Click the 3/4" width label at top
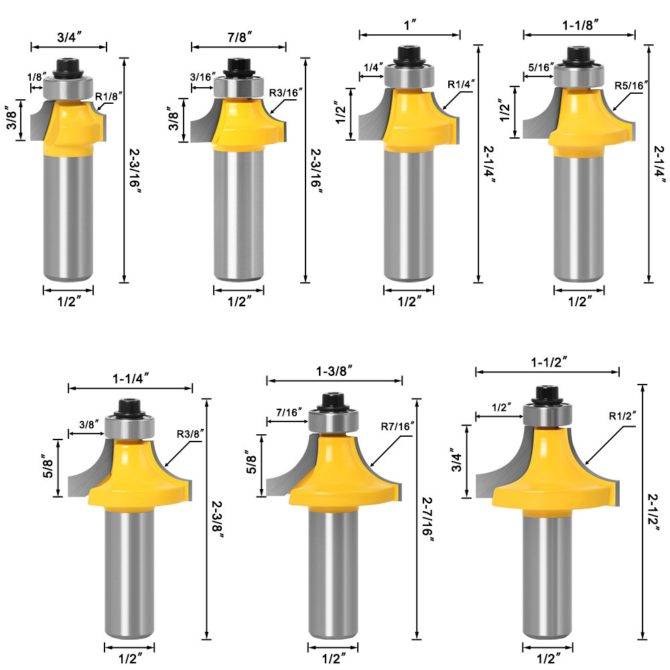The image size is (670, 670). pyautogui.click(x=69, y=37)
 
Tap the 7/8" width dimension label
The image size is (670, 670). pyautogui.click(x=239, y=37)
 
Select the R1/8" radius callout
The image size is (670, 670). pyautogui.click(x=109, y=96)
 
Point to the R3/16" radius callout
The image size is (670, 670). pyautogui.click(x=285, y=92)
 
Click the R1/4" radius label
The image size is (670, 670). pyautogui.click(x=461, y=84)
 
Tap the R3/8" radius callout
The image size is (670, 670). pyautogui.click(x=190, y=434)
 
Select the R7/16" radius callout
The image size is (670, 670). pyautogui.click(x=397, y=426)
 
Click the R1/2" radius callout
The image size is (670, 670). pyautogui.click(x=622, y=416)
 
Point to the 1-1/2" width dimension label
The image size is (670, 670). pyautogui.click(x=549, y=362)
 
